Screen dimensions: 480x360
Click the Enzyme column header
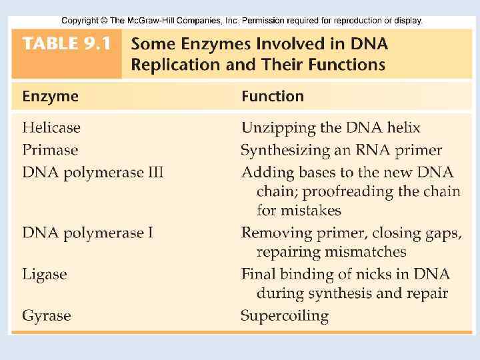51,97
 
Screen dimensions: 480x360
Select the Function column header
273,97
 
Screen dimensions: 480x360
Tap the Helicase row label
51,127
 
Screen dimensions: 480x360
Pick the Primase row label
51,150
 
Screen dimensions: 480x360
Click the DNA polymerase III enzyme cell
93,173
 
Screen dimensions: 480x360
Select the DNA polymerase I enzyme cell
87,233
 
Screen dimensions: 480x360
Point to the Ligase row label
45,274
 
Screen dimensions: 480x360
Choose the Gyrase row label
47,315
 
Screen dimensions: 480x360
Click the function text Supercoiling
285,316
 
